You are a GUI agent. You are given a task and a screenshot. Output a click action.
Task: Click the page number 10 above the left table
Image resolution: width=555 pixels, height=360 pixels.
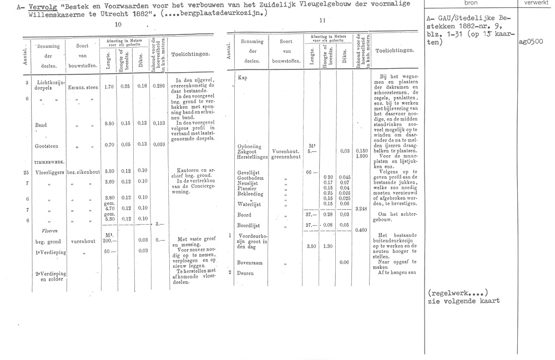[x=118, y=25]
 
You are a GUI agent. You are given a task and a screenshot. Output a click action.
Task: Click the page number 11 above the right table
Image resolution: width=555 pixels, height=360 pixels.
[x=323, y=21]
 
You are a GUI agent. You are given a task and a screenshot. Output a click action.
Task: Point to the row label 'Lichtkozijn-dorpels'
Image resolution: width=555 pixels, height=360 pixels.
[x=46, y=85]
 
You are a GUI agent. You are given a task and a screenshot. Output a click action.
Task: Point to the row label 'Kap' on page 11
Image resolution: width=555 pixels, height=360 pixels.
[x=242, y=78]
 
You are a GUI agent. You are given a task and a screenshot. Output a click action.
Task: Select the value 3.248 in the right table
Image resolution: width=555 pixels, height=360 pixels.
[x=360, y=209]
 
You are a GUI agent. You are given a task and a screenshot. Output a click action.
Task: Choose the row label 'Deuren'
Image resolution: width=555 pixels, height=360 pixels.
[x=245, y=273]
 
